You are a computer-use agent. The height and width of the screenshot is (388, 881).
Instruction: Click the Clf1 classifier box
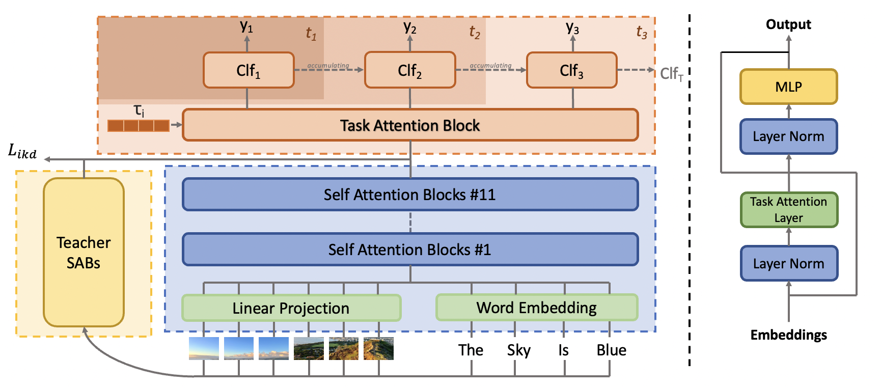pyautogui.click(x=249, y=70)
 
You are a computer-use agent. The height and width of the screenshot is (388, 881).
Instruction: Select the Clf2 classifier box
pyautogui.click(x=410, y=70)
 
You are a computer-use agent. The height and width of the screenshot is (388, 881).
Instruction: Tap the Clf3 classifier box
pyautogui.click(x=571, y=70)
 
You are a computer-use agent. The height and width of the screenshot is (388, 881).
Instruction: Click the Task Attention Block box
pyautogui.click(x=410, y=125)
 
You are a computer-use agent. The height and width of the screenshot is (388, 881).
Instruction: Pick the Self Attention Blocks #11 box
pyautogui.click(x=410, y=195)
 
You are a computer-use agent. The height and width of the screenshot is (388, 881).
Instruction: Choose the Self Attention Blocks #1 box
pyautogui.click(x=410, y=250)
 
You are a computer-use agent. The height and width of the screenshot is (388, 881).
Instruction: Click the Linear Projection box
pyautogui.click(x=291, y=308)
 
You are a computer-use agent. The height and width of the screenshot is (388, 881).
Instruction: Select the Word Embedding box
pyautogui.click(x=537, y=308)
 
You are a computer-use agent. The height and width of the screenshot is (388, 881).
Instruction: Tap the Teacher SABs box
pyautogui.click(x=84, y=253)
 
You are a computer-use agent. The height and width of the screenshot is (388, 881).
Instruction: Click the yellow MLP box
pyautogui.click(x=788, y=87)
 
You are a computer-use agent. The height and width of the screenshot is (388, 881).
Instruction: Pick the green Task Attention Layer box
pyautogui.click(x=788, y=210)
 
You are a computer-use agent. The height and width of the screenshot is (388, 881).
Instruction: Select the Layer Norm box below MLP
pyautogui.click(x=788, y=136)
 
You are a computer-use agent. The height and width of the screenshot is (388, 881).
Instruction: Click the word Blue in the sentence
pyautogui.click(x=611, y=350)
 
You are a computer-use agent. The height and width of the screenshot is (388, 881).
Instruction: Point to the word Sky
pyautogui.click(x=518, y=350)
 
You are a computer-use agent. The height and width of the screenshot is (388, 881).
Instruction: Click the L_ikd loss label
pyautogui.click(x=22, y=152)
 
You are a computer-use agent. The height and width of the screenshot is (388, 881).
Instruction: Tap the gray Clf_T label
pyautogui.click(x=671, y=74)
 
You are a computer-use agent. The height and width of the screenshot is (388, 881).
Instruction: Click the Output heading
pyautogui.click(x=788, y=24)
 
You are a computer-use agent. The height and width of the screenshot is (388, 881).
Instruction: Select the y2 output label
pyautogui.click(x=410, y=27)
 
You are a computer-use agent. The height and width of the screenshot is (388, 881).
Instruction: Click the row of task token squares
pyautogui.click(x=138, y=125)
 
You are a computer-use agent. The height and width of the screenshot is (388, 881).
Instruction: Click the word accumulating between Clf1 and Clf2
pyautogui.click(x=328, y=66)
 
